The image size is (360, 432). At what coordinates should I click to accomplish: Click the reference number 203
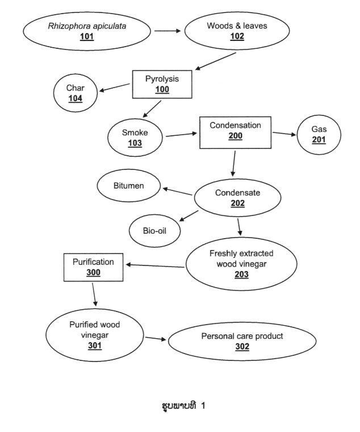[x=242, y=275]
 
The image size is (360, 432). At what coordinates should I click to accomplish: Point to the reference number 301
[x=95, y=346]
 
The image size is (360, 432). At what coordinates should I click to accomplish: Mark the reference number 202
[x=237, y=203]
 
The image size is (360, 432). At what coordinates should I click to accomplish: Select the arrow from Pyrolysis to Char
[x=115, y=88]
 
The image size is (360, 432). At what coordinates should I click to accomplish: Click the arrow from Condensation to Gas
[x=284, y=134]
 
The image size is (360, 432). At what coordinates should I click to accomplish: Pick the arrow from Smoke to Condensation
[x=182, y=135]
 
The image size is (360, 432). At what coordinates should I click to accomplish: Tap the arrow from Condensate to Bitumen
[x=178, y=191]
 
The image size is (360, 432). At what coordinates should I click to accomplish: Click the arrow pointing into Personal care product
[x=156, y=339]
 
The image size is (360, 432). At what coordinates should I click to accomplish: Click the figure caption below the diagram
[x=183, y=405]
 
